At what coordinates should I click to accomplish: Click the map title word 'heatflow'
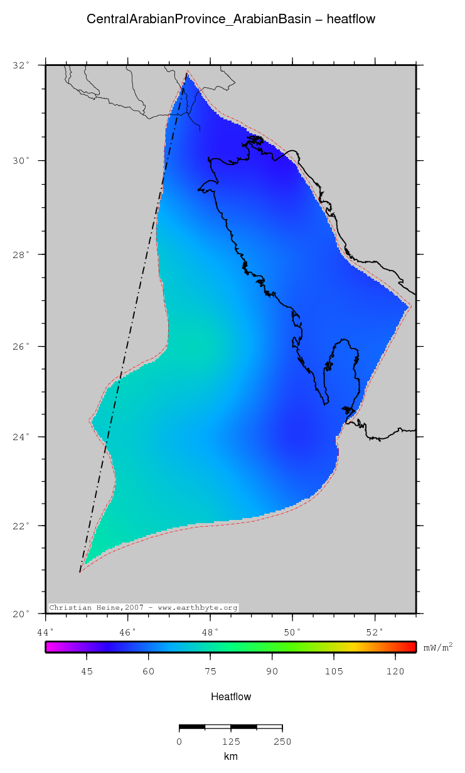coord(351,19)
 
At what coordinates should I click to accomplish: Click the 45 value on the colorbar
coord(87,671)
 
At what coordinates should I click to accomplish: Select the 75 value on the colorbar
coord(210,671)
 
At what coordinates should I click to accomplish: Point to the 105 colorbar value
coord(334,671)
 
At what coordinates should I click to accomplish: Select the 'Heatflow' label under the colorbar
coord(231,696)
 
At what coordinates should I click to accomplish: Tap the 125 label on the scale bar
coord(231,742)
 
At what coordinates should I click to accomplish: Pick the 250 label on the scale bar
coord(282,742)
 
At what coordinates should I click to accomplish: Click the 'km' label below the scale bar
coord(231,757)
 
